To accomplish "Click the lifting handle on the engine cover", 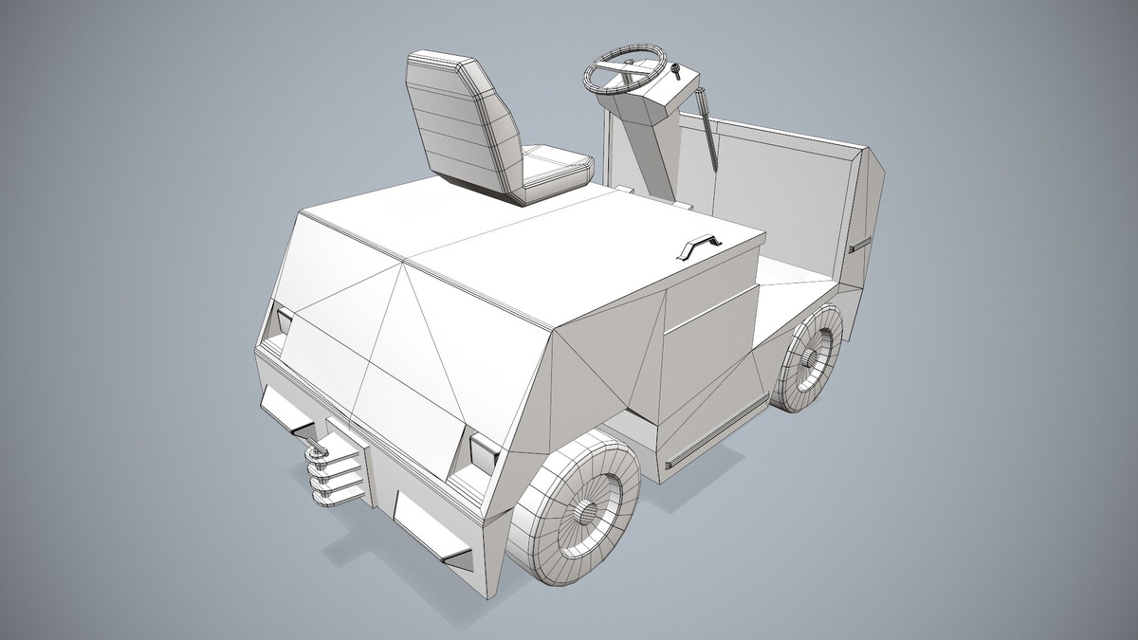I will pyautogui.click(x=699, y=247).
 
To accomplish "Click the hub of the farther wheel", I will pyautogui.click(x=811, y=357).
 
